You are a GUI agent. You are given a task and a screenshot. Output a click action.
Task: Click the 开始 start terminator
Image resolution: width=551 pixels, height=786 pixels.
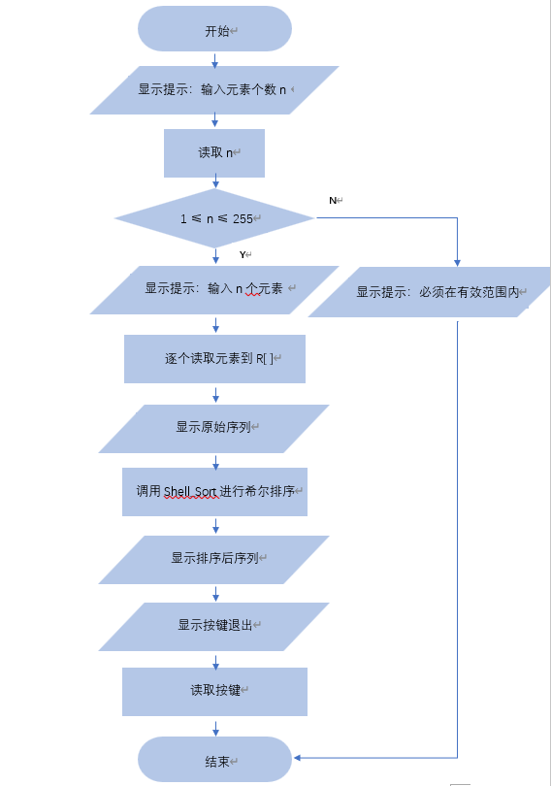[214, 29]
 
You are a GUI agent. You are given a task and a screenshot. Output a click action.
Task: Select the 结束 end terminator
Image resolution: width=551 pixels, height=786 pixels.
[214, 760]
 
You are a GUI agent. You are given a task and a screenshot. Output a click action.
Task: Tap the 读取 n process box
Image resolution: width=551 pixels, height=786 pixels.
[214, 153]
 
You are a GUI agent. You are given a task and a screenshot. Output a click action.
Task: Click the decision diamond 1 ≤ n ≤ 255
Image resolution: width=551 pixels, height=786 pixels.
[214, 218]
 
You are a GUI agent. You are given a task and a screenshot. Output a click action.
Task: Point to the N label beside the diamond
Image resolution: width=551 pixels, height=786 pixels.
[333, 200]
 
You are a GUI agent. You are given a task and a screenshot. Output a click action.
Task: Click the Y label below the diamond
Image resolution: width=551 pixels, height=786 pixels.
[243, 254]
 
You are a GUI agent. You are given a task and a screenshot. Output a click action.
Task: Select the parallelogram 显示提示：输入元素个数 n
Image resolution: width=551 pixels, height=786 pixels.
[214, 90]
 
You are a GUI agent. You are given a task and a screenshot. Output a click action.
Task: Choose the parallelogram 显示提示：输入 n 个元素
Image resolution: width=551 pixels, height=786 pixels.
[214, 289]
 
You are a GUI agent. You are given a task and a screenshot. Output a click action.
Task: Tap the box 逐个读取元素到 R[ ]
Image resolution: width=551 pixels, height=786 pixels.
[214, 359]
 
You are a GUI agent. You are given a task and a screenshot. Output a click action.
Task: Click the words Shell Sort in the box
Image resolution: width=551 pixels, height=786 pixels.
[190, 492]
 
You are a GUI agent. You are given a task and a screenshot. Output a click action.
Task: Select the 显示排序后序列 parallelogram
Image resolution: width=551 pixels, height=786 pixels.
[214, 558]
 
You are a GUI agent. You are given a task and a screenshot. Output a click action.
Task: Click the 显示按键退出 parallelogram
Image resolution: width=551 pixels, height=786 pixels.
[214, 626]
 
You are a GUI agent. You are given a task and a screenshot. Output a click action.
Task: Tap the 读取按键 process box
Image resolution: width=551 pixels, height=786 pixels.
[214, 691]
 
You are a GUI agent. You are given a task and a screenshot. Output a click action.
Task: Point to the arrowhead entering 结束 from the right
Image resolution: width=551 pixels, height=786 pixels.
[298, 757]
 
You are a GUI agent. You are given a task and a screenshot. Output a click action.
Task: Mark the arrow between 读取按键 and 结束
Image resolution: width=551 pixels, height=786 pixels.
[215, 726]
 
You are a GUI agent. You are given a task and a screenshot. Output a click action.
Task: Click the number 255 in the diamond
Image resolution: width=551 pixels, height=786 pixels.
[243, 219]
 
